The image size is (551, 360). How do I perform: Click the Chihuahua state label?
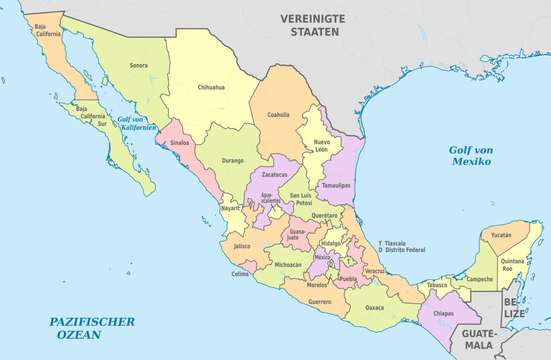(211, 87)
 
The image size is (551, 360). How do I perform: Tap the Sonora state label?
(138, 66)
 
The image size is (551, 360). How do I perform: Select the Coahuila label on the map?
(278, 115)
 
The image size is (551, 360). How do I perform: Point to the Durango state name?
(232, 160)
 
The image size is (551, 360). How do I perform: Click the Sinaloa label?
(179, 143)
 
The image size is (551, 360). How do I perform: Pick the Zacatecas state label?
(274, 175)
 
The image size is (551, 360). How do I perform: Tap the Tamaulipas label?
(336, 185)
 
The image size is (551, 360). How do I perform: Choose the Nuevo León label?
(322, 145)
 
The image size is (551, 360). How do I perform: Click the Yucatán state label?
(501, 235)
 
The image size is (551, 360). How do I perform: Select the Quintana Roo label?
(516, 265)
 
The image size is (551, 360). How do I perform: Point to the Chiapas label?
(443, 313)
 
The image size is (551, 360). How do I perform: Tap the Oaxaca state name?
(375, 308)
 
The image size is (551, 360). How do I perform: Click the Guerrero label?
(320, 302)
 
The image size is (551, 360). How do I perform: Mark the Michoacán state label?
(288, 265)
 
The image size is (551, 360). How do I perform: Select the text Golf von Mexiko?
(471, 156)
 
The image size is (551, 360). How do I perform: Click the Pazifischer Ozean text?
(91, 328)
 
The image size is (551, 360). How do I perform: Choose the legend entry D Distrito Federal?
(401, 250)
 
